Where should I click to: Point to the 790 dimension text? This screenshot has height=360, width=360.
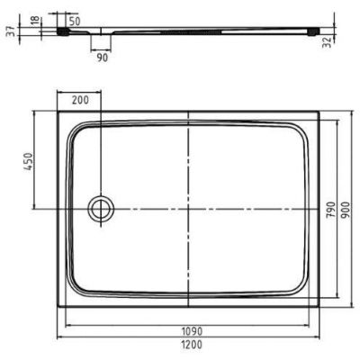[330, 209]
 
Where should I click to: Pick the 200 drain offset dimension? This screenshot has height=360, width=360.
[79, 101]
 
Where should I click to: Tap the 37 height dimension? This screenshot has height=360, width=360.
[8, 32]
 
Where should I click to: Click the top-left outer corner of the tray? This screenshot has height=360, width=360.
[58, 112]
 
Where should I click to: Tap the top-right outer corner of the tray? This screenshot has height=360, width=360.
[320, 112]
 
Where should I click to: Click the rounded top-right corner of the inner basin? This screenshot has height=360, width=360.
[301, 130]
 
